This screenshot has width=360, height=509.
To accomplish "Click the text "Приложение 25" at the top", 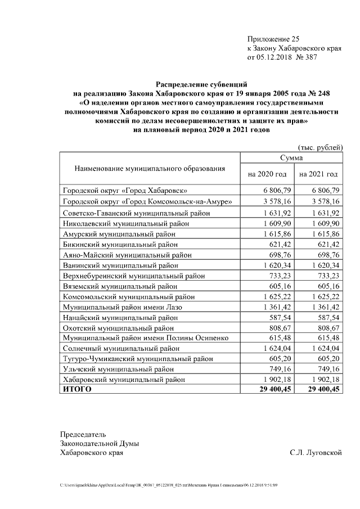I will [x=274, y=39].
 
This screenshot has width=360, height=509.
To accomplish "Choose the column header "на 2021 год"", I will [x=319, y=174].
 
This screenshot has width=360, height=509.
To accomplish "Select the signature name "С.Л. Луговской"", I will [x=316, y=452].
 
